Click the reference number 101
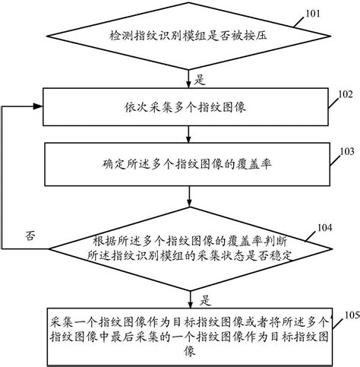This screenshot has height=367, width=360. click(313, 14)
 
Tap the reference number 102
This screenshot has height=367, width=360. click(346, 94)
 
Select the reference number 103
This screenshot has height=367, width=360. click(347, 151)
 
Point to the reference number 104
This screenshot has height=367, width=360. click(325, 228)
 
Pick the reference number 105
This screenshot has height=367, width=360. click(352, 315)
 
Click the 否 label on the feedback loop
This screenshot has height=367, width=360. click(30, 236)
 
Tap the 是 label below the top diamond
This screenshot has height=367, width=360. click(200, 80)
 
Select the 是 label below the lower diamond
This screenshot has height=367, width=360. click(205, 301)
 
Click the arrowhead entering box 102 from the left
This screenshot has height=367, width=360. click(38, 106)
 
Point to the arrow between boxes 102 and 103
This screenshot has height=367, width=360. click(188, 134)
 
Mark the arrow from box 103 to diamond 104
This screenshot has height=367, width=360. click(189, 197)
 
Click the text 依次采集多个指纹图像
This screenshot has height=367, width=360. click(185, 107)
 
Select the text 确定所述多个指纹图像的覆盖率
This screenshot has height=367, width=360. click(187, 164)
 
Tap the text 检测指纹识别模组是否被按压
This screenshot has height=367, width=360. click(188, 36)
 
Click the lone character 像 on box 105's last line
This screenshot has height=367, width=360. click(190, 352)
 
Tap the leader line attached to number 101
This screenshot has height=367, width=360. click(299, 22)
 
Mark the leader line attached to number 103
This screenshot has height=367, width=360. click(335, 161)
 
